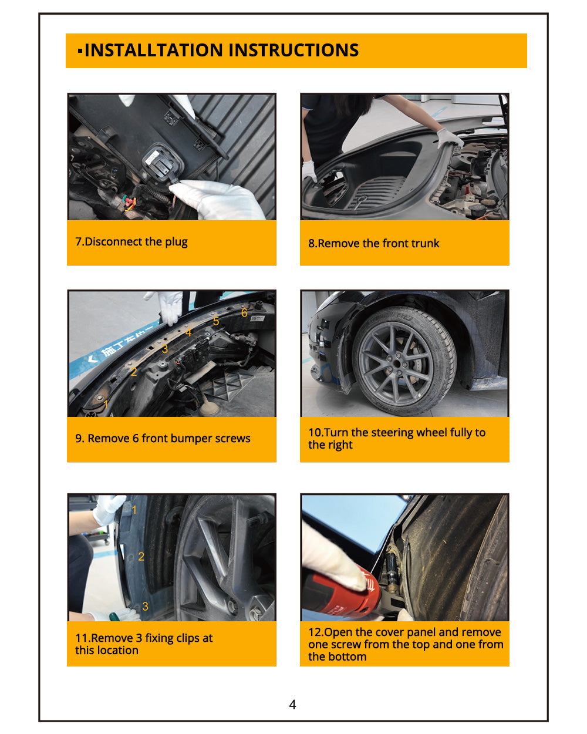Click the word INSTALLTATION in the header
pyautogui.click(x=153, y=50)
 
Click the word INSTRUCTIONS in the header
pyautogui.click(x=293, y=50)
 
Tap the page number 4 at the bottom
pyautogui.click(x=292, y=704)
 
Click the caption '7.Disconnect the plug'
pyautogui.click(x=131, y=242)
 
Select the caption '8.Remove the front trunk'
pyautogui.click(x=373, y=243)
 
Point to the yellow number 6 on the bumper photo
pyautogui.click(x=244, y=312)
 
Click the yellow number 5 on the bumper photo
pyautogui.click(x=216, y=321)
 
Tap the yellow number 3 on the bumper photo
pyautogui.click(x=165, y=349)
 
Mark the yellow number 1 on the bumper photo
pyautogui.click(x=106, y=404)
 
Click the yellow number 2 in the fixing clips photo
pyautogui.click(x=141, y=556)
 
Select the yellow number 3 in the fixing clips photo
pyautogui.click(x=145, y=606)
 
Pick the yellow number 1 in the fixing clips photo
pyautogui.click(x=134, y=510)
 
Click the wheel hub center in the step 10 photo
pyautogui.click(x=396, y=363)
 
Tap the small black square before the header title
pyautogui.click(x=80, y=51)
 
